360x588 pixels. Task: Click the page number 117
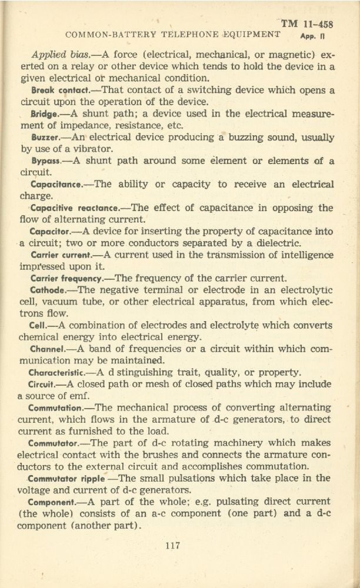pos(172,546)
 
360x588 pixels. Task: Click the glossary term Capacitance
pos(56,184)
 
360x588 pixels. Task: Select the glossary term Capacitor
pos(51,231)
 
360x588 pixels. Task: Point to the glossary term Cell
pos(38,325)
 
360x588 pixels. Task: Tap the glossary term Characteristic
pos(58,372)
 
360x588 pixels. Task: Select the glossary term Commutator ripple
pos(66,477)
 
